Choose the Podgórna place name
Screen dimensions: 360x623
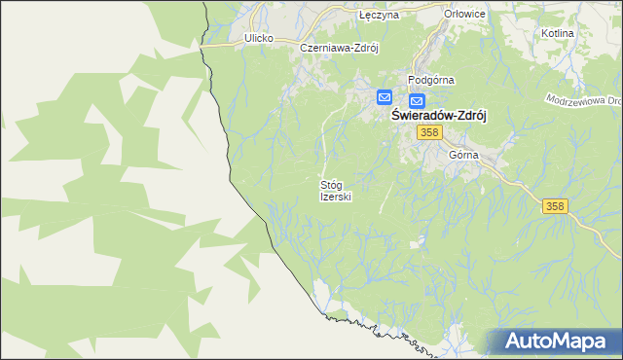point(431,81)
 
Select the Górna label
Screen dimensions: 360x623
point(463,155)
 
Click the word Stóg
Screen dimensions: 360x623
point(333,184)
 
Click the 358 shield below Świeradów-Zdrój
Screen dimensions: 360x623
point(427,132)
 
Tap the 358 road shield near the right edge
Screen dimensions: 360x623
point(554,205)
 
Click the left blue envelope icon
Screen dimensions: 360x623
point(385,97)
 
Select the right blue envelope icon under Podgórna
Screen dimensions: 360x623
point(417,101)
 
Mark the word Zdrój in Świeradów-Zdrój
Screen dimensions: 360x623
point(468,114)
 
